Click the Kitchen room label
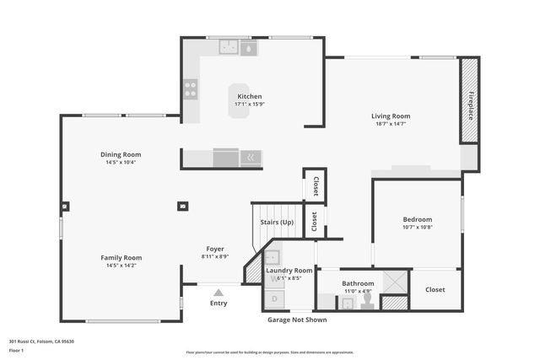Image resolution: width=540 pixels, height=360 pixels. click(x=249, y=97)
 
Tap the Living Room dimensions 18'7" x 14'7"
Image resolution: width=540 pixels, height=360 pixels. click(x=391, y=124)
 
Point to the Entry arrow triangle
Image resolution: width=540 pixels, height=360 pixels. click(x=218, y=293)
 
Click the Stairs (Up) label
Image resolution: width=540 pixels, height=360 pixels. click(x=277, y=222)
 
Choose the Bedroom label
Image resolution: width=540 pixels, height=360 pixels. click(x=417, y=219)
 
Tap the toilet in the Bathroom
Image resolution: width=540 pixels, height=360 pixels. click(x=367, y=300)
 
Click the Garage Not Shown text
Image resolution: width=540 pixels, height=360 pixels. click(x=292, y=320)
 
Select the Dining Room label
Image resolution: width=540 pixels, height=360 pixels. click(x=121, y=154)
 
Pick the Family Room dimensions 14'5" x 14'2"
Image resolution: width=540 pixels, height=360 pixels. click(x=121, y=266)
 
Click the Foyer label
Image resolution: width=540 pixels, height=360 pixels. click(x=215, y=249)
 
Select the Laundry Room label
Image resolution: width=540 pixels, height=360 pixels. click(x=289, y=270)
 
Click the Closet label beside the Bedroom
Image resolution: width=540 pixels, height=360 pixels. click(x=435, y=289)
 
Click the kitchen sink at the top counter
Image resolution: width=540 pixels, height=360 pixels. click(x=229, y=48)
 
